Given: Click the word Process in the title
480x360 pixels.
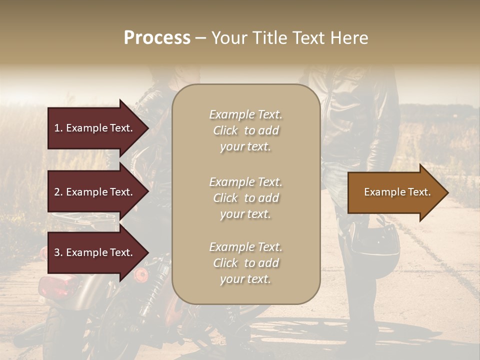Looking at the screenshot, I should pos(157,38).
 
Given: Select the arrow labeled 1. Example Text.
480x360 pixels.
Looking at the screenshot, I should pos(95,128).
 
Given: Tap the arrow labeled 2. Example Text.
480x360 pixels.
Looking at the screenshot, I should pos(95,192).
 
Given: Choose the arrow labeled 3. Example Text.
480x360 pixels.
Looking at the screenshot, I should pos(95,252).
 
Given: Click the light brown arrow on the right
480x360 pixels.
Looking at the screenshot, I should pos(395,192).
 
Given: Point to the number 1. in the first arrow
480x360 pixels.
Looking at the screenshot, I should pos(58,128).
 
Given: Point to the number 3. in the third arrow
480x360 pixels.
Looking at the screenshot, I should pos(58,252).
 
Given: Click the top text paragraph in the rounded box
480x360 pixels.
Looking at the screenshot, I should pos(245,130).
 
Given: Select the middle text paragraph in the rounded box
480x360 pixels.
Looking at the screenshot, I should pos(245,198).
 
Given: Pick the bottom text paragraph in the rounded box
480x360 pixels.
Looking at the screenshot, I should pos(245,263).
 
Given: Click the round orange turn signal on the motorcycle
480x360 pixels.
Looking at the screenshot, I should pos(141,274).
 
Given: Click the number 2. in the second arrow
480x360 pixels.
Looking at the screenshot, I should pos(58,192).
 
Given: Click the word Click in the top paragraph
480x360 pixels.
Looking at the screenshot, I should pos(225,130).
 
